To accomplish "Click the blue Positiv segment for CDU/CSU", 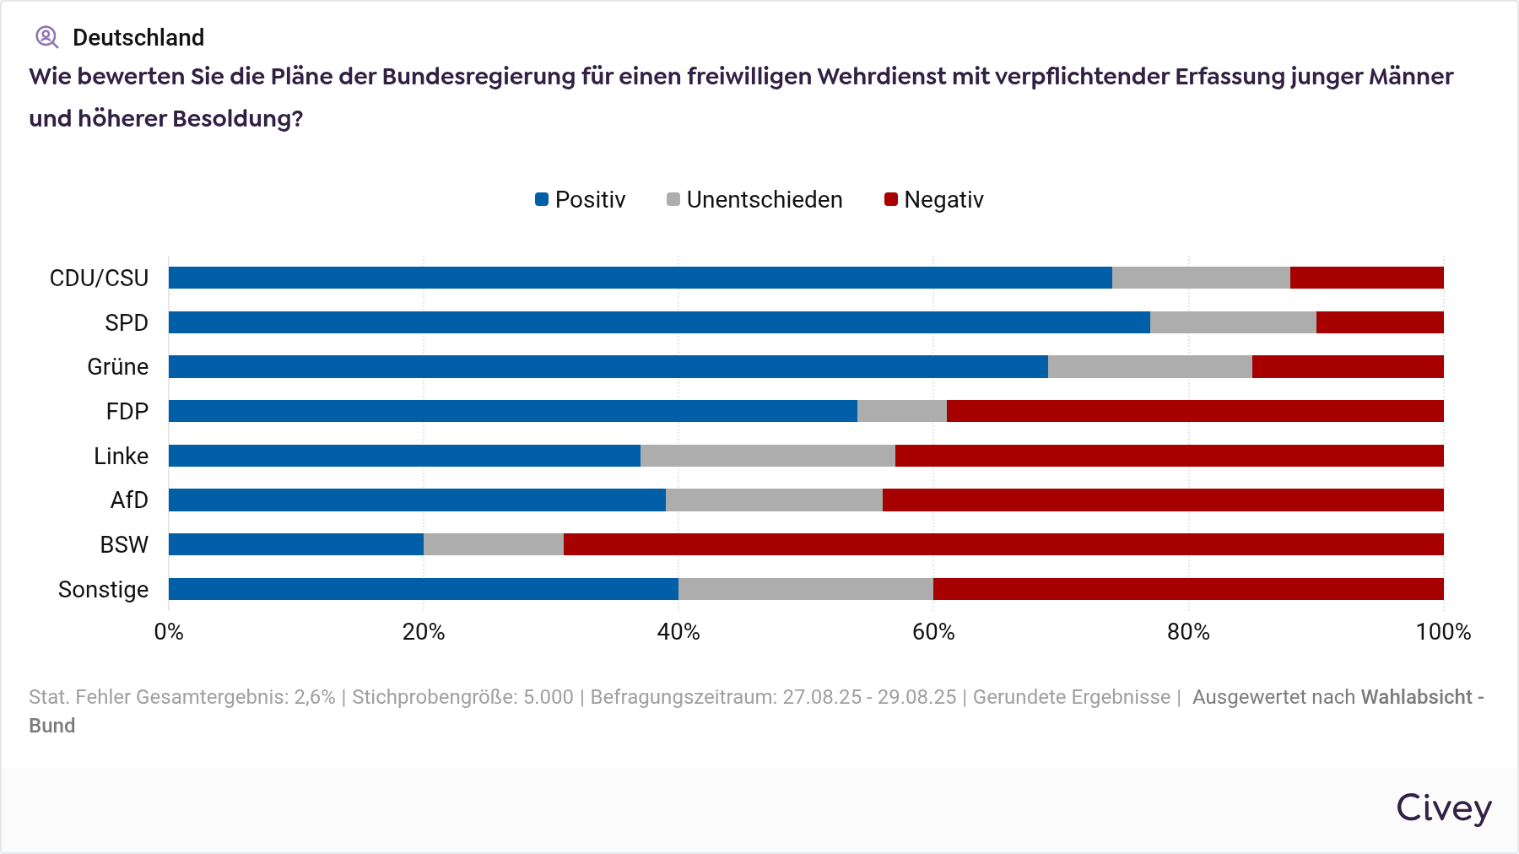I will click(x=640, y=278).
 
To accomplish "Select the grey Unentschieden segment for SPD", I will click(x=1233, y=322).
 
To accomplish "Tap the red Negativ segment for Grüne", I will click(x=1348, y=367).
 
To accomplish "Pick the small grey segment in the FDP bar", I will click(x=901, y=411).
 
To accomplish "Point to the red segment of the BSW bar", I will click(x=1003, y=544).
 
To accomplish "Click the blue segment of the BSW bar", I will click(x=296, y=544).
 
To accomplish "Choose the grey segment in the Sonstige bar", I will click(x=806, y=589).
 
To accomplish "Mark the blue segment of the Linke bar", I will click(x=404, y=456).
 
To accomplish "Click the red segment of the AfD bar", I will click(x=1163, y=500).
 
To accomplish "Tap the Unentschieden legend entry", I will click(x=754, y=200).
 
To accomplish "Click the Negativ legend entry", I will click(x=934, y=200).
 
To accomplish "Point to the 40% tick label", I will click(x=678, y=632).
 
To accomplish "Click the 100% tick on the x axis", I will click(x=1443, y=632).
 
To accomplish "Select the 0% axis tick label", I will click(x=169, y=632).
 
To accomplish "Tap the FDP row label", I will click(x=127, y=412).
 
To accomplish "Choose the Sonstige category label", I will click(x=103, y=589).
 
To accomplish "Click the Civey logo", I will click(x=1443, y=808).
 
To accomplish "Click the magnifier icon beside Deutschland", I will click(x=46, y=37).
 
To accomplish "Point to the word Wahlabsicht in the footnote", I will click(x=1416, y=697).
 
